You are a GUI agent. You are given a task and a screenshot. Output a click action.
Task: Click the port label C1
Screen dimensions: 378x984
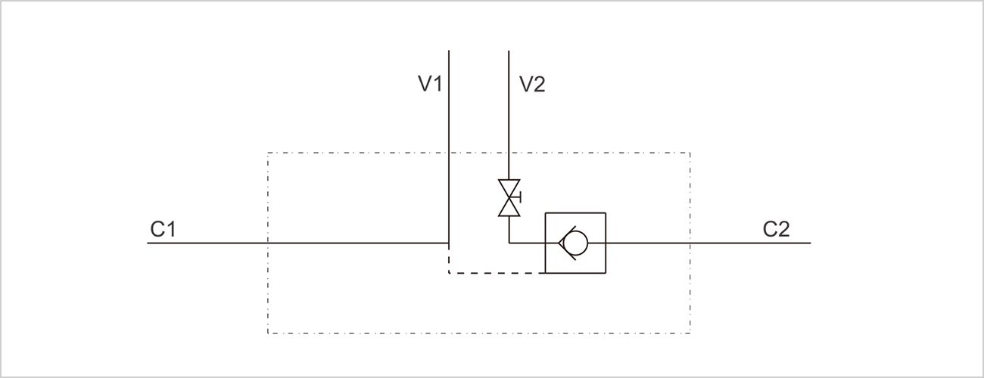coord(163,228)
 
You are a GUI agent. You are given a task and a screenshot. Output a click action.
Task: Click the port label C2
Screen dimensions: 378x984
coord(776,228)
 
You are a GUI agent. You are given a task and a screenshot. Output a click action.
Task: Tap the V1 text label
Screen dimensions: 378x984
coord(430,84)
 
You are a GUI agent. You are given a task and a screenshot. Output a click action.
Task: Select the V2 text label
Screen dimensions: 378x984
coord(531,84)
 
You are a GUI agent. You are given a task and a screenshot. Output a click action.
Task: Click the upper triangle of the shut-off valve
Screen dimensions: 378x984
coord(509,187)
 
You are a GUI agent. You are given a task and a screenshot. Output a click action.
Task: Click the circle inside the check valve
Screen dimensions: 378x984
coord(577,243)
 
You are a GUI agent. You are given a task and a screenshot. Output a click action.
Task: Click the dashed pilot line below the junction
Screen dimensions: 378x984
coord(496,272)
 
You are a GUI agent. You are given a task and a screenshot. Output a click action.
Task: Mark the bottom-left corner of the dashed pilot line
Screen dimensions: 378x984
coord(450,272)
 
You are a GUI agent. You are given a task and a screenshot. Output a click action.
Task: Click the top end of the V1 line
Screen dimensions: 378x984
coord(450,51)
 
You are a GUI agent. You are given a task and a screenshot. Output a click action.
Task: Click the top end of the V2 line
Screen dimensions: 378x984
coord(509,51)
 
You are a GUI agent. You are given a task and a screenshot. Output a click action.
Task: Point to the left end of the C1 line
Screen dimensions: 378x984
coord(148,243)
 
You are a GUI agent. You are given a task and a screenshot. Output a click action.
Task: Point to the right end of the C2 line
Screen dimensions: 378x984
coord(810,243)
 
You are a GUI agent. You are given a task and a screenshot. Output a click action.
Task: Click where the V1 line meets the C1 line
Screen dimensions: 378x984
coord(450,243)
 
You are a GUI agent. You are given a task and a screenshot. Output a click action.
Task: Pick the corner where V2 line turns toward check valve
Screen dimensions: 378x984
coord(509,243)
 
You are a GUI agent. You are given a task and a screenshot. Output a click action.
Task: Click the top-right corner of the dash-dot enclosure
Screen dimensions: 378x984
coord(690,153)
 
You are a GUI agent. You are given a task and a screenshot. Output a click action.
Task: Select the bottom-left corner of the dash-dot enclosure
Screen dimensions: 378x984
coord(269,333)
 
